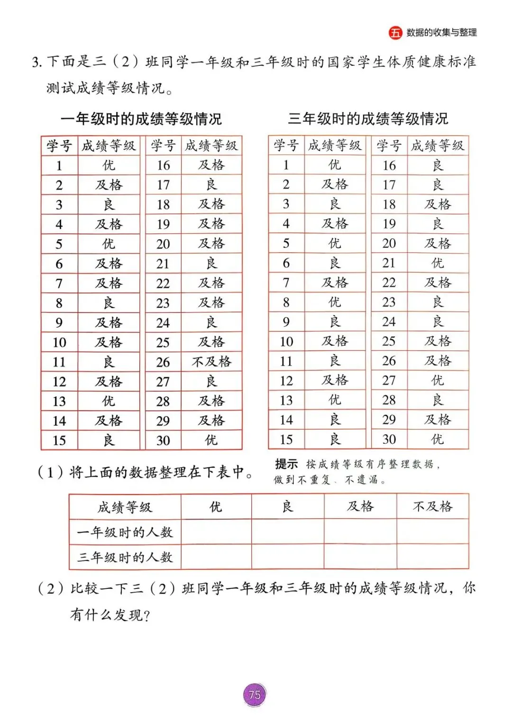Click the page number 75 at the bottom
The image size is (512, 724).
click(x=255, y=695)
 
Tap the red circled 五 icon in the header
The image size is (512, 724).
click(x=395, y=33)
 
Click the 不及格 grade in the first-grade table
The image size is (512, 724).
click(x=211, y=362)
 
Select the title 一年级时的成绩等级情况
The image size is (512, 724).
click(x=141, y=119)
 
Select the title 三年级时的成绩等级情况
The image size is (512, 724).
click(x=368, y=119)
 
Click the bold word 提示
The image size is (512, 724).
click(x=286, y=464)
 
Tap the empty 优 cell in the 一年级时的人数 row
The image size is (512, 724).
click(x=216, y=532)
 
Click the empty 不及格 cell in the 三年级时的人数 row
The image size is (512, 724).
click(x=432, y=557)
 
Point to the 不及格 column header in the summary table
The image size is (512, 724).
click(x=432, y=507)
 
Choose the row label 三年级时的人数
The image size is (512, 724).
click(x=125, y=557)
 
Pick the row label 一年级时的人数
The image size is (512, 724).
click(x=125, y=532)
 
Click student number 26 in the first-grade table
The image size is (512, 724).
click(x=163, y=362)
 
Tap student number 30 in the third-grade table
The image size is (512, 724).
click(x=389, y=440)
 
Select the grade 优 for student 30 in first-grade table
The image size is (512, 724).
click(x=211, y=440)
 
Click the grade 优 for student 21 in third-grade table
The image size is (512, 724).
click(x=438, y=263)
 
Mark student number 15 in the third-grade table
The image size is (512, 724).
click(x=286, y=440)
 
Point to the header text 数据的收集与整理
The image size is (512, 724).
click(x=441, y=33)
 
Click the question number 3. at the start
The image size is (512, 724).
click(x=37, y=62)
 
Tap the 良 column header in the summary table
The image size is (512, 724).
click(x=288, y=507)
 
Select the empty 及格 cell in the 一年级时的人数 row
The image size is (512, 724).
click(x=360, y=532)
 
